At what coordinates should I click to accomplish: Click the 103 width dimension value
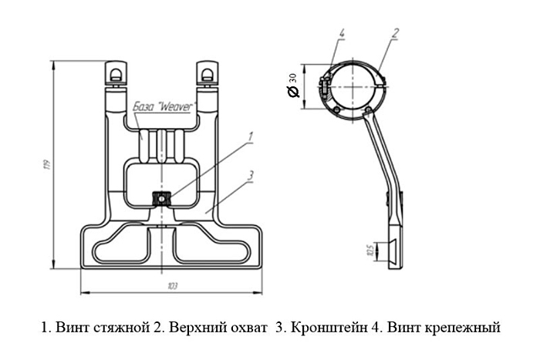(x=172, y=286)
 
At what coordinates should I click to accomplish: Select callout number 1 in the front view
(x=250, y=136)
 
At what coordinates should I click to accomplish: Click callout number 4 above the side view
(x=341, y=33)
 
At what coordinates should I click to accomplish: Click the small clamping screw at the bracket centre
(x=162, y=198)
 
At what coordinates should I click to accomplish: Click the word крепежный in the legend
(x=462, y=327)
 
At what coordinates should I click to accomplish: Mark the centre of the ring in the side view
(x=353, y=86)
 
